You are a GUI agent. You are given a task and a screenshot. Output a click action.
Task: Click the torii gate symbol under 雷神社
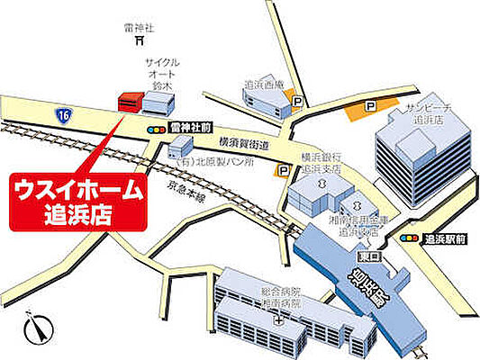pyautogui.click(x=140, y=40)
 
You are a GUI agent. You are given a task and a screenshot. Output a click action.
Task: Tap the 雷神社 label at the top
pyautogui.click(x=139, y=27)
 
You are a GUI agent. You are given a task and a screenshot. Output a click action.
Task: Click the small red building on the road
pyautogui.click(x=129, y=102)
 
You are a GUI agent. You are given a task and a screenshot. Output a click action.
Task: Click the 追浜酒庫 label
pyautogui.click(x=264, y=85)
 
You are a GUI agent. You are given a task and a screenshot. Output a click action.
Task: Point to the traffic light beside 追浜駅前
pyautogui.click(x=409, y=239)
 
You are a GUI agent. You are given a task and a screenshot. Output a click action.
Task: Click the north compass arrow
pyautogui.click(x=39, y=328)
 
